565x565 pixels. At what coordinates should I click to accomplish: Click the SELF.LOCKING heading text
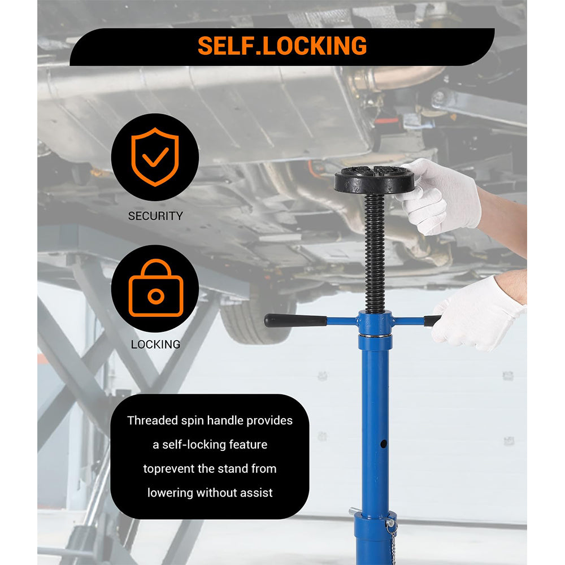(282, 46)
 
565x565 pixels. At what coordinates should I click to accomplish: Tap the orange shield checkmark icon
(155, 157)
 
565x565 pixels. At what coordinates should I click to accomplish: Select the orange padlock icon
(155, 289)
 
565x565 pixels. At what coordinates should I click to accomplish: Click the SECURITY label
(155, 216)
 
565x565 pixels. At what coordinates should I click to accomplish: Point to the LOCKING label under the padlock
(155, 344)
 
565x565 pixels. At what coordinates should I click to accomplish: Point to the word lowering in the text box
(170, 493)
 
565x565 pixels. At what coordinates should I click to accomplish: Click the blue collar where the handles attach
(375, 323)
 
